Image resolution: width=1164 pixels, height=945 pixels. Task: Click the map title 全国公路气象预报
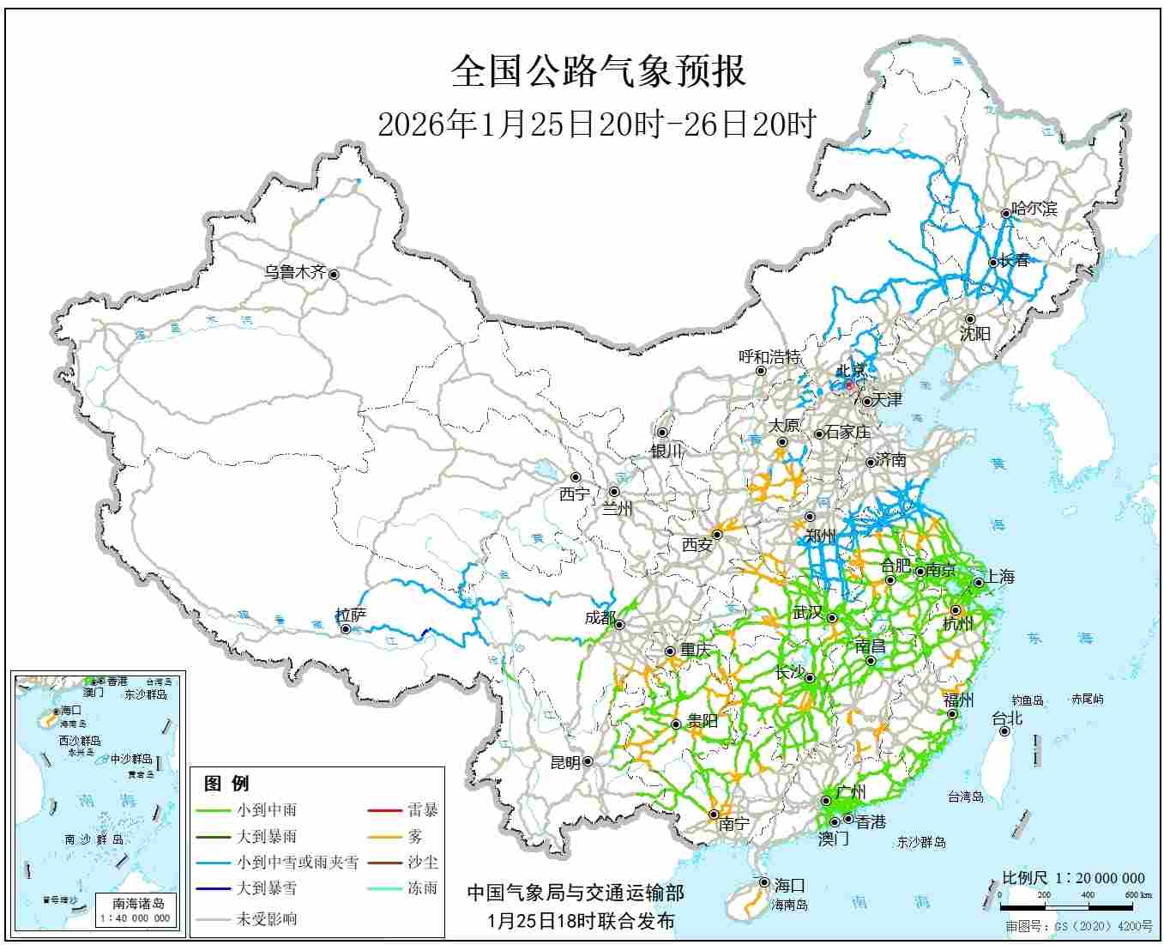pos(598,72)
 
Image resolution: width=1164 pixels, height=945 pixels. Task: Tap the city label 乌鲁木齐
pos(294,273)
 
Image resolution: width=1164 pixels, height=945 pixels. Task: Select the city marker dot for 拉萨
pos(346,629)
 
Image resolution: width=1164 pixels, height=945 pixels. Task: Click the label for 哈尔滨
pos(1034,209)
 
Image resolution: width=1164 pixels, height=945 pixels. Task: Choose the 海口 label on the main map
pos(789,885)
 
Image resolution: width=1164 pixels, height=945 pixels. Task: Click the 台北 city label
pos(1007,718)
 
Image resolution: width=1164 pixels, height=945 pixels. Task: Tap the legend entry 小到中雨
pos(267,809)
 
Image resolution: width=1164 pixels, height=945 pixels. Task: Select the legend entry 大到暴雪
pos(267,888)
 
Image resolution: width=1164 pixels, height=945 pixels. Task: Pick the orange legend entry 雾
pos(415,836)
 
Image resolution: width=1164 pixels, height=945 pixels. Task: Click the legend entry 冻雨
pos(422,888)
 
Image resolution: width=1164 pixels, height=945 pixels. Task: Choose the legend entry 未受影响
pos(267,918)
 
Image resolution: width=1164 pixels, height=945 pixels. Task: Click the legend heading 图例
pos(226,783)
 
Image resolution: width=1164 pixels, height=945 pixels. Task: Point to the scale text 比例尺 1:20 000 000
pos(1073,878)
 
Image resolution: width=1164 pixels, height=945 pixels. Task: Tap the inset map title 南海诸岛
pos(138,903)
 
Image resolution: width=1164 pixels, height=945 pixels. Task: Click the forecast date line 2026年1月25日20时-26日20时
pos(597,125)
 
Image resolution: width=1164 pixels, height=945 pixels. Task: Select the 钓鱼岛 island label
pos(1026,700)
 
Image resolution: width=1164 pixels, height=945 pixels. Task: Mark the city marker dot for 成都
pos(618,624)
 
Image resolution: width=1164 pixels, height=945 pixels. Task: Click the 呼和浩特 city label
pos(769,357)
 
